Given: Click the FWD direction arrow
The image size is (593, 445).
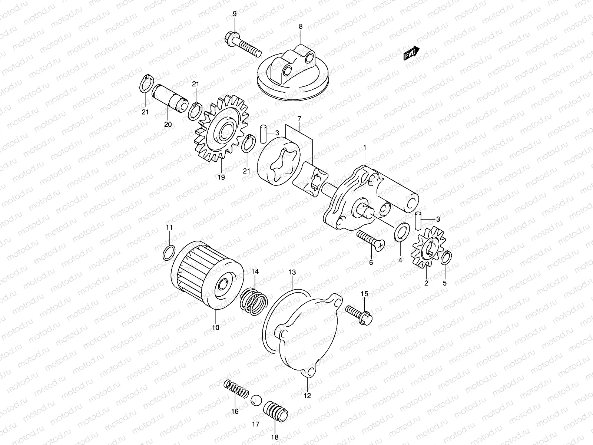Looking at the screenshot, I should (411, 53).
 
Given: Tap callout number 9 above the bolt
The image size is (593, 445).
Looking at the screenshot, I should (234, 14).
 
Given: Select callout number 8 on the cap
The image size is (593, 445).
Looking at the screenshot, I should (301, 26).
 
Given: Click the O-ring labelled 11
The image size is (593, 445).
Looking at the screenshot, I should (169, 253).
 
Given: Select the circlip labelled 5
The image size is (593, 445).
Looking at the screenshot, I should (445, 258).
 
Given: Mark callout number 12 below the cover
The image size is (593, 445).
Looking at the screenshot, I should (307, 396).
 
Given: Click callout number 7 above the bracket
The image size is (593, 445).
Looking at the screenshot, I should (299, 119).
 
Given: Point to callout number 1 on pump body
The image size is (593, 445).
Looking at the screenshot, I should (365, 148).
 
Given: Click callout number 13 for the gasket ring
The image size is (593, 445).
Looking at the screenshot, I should (292, 273).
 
